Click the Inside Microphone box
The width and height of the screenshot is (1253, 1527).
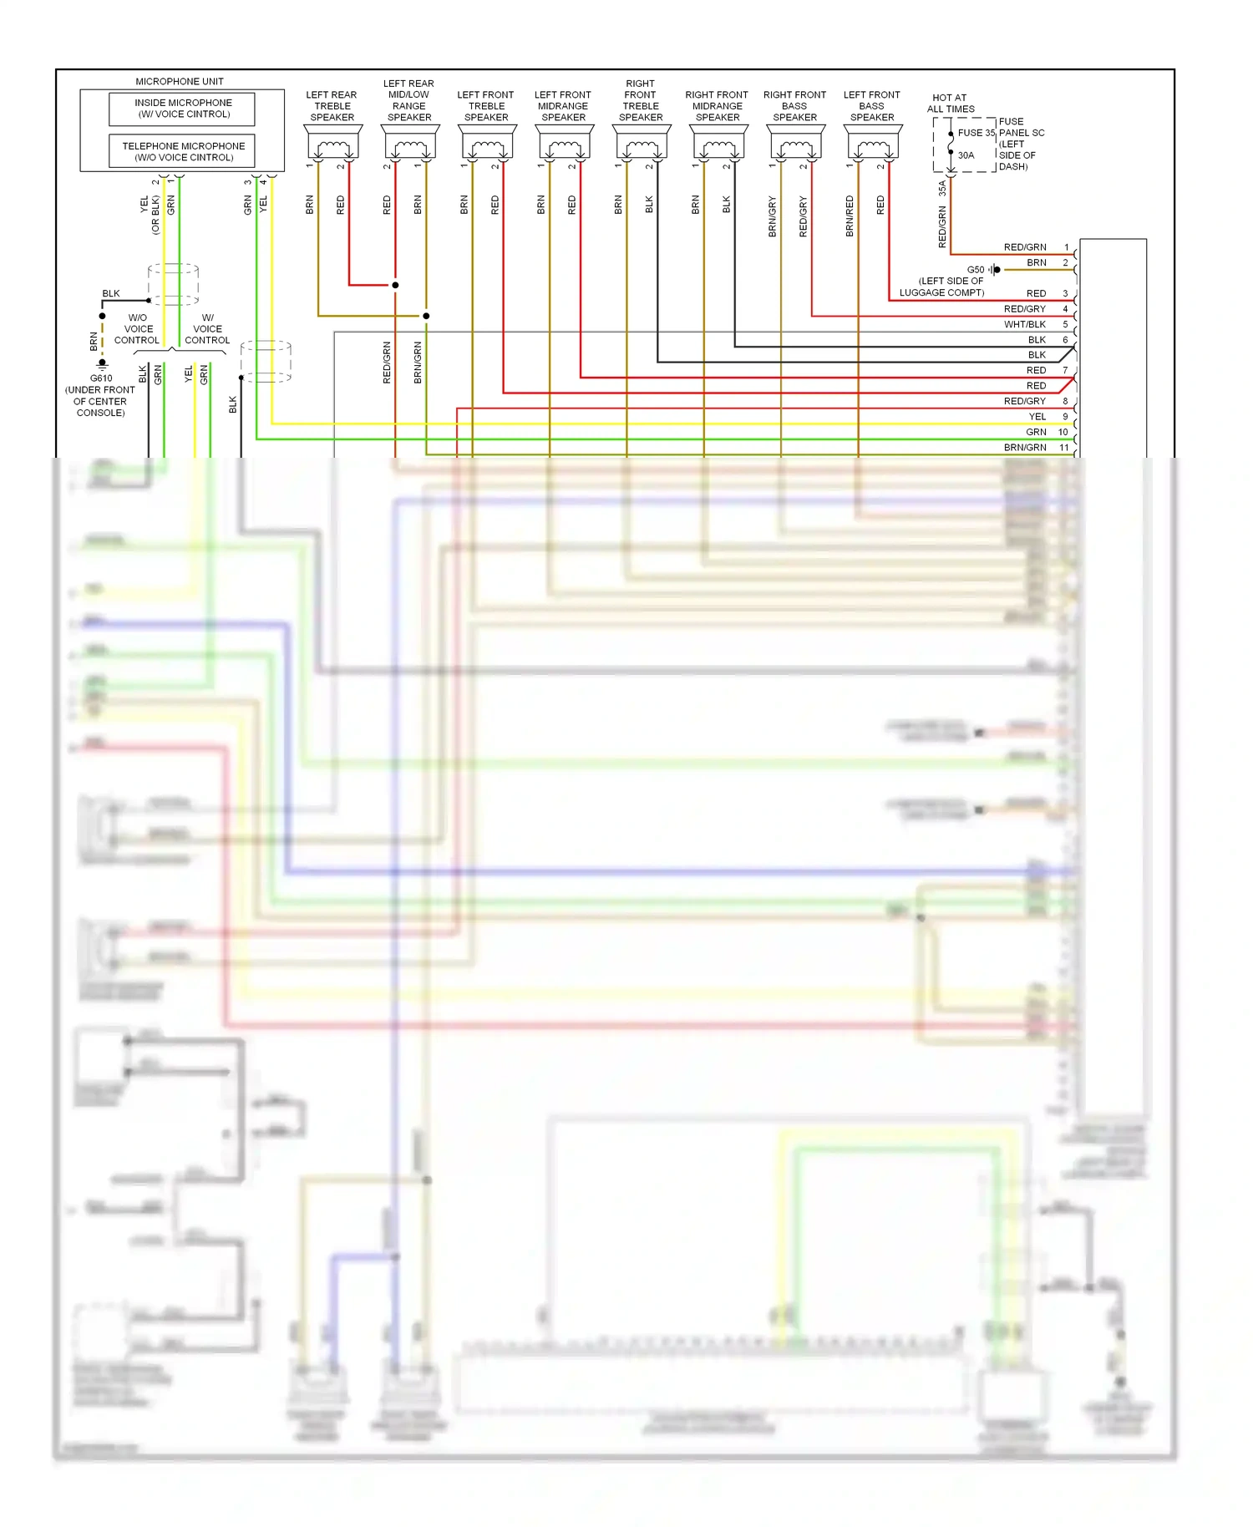coord(183,109)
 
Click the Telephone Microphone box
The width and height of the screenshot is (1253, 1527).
coord(183,151)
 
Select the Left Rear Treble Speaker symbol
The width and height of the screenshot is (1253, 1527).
coord(332,144)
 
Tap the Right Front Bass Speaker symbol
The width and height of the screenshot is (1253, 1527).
coord(795,144)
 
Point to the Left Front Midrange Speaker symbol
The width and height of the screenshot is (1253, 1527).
coord(564,144)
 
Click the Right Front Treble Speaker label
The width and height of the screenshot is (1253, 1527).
coord(641,100)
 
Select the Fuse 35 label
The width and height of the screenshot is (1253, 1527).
coord(976,133)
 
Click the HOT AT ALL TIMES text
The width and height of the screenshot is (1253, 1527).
coord(951,103)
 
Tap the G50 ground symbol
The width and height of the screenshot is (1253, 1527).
coord(994,270)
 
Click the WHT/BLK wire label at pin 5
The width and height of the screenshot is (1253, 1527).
coord(1024,324)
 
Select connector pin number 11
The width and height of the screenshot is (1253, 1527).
coord(1064,448)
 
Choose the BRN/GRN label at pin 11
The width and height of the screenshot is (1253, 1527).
coord(1024,448)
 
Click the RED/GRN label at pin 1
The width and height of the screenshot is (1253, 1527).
coord(1024,247)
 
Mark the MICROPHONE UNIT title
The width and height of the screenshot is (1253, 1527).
coord(180,81)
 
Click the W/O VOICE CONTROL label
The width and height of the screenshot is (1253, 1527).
coord(138,329)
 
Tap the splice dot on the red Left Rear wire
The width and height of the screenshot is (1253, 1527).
coord(395,285)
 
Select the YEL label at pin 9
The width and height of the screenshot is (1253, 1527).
coord(1037,417)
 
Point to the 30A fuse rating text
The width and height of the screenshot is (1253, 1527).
coord(966,155)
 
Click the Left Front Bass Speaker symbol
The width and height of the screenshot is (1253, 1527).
coord(872,144)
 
